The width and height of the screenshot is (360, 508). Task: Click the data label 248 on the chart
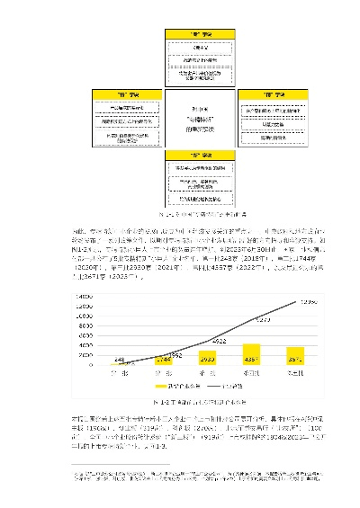pyautogui.click(x=119, y=359)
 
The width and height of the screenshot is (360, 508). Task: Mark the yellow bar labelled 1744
pyautogui.click(x=163, y=361)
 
